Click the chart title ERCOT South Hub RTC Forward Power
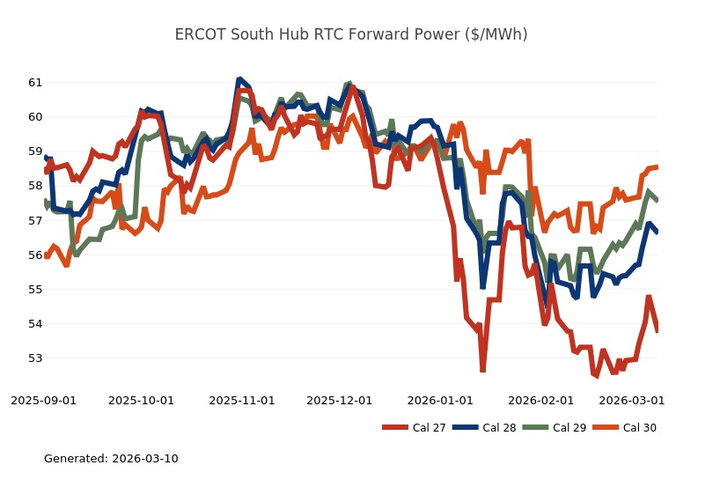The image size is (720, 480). click(x=351, y=34)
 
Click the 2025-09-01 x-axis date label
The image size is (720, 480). click(x=43, y=400)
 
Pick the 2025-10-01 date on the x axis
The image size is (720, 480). click(x=141, y=400)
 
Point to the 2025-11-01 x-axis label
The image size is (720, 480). click(x=242, y=400)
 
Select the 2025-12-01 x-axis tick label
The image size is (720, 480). click(x=339, y=400)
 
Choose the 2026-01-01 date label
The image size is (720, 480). click(x=440, y=400)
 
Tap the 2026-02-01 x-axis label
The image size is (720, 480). click(x=540, y=400)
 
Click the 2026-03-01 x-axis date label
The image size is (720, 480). click(x=631, y=400)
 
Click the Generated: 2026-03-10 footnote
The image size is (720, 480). click(x=111, y=459)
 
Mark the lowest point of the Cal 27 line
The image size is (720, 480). click(x=483, y=371)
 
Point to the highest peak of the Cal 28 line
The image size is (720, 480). click(x=240, y=79)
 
